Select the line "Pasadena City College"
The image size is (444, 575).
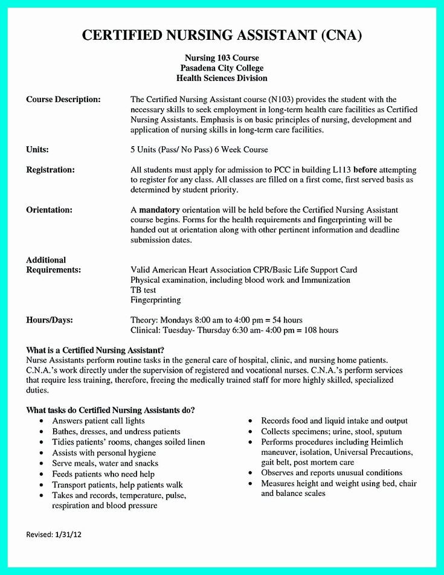222,68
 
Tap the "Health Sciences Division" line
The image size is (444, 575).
222,79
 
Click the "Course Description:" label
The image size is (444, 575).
63,99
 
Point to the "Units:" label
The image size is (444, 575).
37,149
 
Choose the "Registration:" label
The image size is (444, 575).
50,170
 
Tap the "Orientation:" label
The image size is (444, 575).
49,210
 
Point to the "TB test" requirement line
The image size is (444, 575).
143,290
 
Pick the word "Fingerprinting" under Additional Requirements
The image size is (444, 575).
155,300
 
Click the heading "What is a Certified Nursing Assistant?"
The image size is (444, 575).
95,350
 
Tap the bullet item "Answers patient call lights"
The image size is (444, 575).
98,421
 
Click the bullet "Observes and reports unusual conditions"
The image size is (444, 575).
332,473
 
